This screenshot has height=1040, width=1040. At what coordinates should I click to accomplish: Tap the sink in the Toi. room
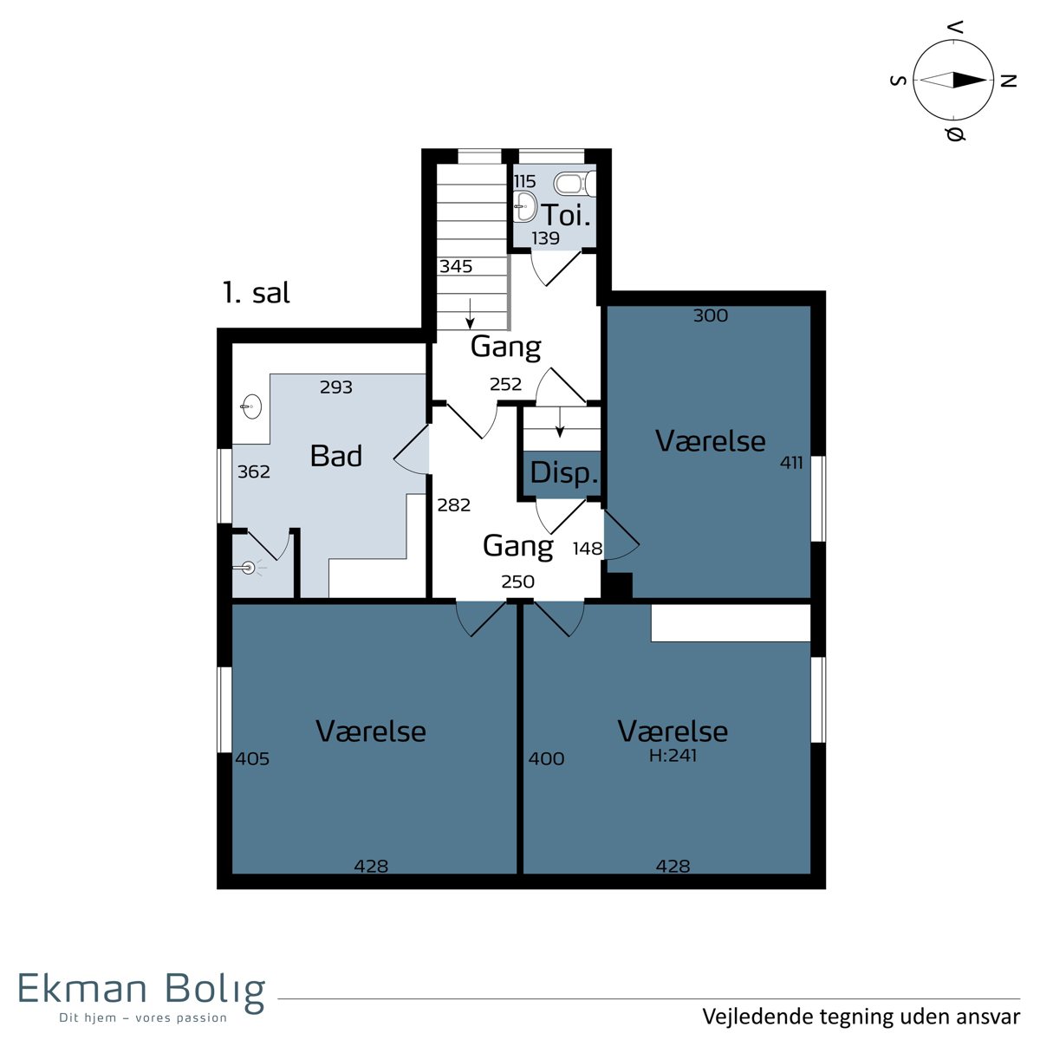tap(524, 205)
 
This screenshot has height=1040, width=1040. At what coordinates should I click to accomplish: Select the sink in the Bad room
tap(250, 406)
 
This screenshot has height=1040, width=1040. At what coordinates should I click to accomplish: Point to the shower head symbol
tap(248, 568)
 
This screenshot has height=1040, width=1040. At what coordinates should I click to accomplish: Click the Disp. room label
tap(564, 473)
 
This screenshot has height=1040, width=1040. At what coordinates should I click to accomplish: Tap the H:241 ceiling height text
tap(673, 755)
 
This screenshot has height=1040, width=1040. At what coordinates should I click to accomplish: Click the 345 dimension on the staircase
tap(456, 266)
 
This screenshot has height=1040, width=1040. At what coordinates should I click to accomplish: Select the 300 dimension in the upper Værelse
tap(711, 315)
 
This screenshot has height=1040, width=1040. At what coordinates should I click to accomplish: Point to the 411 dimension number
tap(791, 463)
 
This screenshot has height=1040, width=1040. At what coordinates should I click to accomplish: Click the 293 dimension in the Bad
tap(335, 387)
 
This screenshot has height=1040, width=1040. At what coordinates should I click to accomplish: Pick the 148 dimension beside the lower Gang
tap(588, 549)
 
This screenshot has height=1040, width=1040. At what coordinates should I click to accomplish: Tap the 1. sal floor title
tap(257, 293)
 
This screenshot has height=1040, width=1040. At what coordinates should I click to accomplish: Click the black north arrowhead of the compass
tap(970, 80)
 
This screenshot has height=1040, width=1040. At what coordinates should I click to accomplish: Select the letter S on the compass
tap(898, 81)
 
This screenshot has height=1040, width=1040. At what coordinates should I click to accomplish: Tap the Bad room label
tap(335, 456)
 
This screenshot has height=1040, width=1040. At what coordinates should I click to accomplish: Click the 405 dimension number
tap(252, 759)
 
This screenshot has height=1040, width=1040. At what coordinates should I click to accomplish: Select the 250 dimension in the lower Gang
tap(517, 582)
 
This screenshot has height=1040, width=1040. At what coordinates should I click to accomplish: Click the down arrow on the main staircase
tap(470, 313)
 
